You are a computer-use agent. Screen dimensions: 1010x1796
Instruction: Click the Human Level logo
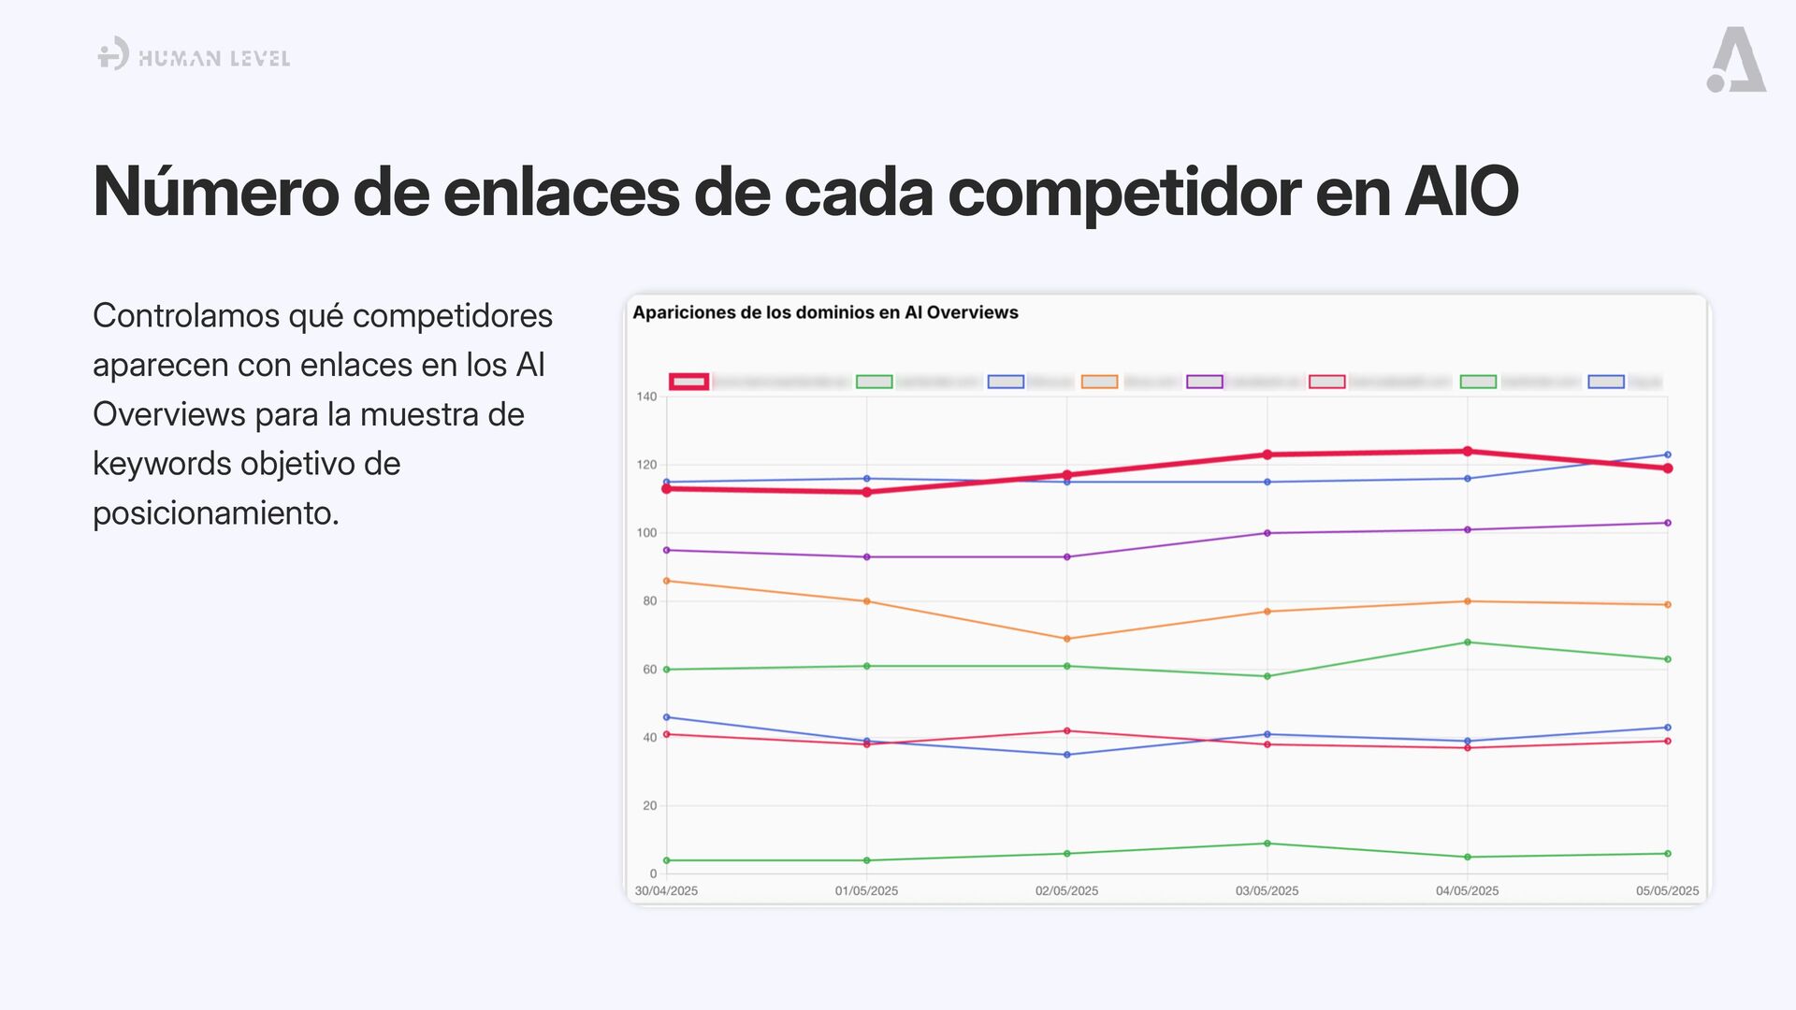194,56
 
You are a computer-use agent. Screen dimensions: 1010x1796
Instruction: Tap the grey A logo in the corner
1736,60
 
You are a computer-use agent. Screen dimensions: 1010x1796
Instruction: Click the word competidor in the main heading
1123,193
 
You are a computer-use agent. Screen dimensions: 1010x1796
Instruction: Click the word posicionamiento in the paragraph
215,512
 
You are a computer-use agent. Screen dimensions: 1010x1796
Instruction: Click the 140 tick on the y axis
646,397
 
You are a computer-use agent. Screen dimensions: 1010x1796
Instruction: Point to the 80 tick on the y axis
649,601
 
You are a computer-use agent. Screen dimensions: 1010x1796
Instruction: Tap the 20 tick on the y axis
649,805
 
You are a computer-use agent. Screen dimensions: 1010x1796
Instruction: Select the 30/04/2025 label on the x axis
666,890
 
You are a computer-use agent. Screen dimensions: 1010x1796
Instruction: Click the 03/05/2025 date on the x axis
1267,890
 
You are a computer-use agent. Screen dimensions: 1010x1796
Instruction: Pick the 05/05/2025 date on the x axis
1667,890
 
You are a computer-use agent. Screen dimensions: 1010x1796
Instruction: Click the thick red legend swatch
688,382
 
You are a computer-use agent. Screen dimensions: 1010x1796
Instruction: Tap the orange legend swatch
1099,382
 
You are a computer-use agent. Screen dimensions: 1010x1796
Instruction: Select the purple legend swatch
1204,382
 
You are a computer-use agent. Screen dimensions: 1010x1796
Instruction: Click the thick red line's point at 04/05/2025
1467,452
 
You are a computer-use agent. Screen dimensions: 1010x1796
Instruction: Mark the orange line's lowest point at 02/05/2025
1067,639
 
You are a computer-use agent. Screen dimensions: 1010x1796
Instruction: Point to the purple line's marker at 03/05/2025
1267,533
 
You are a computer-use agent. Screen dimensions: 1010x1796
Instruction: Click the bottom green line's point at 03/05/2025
1267,844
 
